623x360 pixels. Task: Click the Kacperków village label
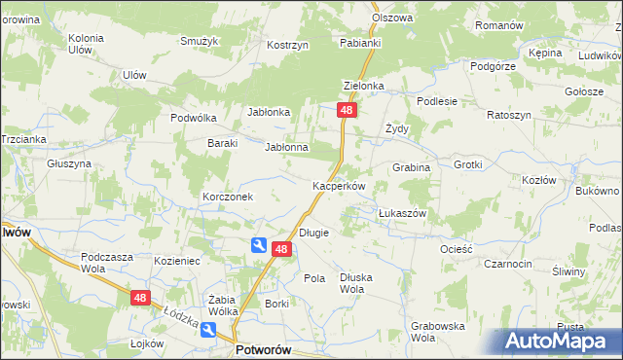coord(338,185)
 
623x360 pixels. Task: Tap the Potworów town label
coord(265,348)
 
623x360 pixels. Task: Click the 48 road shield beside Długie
coord(281,250)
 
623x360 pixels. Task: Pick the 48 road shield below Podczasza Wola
coord(141,299)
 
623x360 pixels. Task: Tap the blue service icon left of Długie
coord(259,245)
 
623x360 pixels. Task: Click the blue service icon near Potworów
coord(209,331)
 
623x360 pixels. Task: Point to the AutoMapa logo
coord(558,341)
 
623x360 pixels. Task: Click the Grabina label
coord(411,167)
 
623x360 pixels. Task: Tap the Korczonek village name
coord(228,197)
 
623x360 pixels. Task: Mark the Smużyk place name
coord(198,41)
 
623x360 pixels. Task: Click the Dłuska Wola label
coord(356,283)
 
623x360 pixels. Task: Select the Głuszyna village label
coord(69,163)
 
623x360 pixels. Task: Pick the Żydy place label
coord(396,127)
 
